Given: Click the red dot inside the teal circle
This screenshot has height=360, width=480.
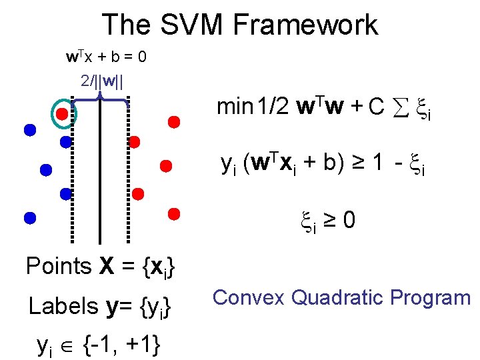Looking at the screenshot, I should point(61,114).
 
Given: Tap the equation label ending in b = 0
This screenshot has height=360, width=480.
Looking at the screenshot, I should point(106,57).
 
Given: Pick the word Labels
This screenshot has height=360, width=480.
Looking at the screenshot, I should point(63,307).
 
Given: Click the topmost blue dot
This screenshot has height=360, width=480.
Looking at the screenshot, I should point(29,130).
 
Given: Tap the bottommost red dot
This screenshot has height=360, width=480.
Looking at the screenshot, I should point(174,214).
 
